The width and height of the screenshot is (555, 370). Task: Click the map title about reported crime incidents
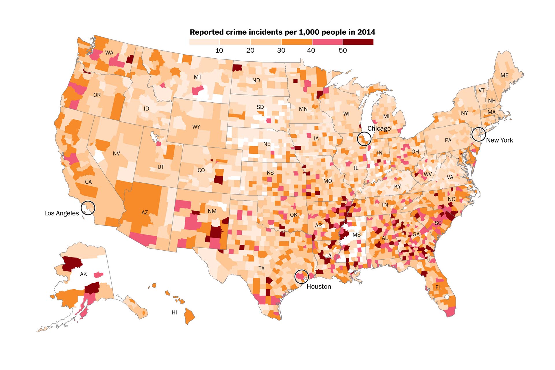point(282,32)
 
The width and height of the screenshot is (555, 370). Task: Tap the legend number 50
point(343,50)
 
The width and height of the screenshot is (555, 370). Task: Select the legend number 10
point(219,50)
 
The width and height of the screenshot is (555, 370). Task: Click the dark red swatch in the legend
point(358,42)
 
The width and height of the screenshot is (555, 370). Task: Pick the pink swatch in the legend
point(327,42)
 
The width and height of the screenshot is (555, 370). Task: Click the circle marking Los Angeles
point(88,208)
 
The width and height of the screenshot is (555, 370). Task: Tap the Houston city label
point(319,286)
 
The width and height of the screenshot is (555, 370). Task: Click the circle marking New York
point(478,134)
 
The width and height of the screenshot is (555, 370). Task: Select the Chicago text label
point(379,128)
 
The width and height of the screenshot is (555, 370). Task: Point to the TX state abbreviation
point(261,268)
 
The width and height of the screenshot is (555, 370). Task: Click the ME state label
point(504,75)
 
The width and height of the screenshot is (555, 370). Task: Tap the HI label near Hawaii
point(174,312)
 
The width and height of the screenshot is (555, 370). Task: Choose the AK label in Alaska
point(83,274)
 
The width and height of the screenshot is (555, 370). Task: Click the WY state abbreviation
point(196,127)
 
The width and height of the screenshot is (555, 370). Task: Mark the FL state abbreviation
point(438,287)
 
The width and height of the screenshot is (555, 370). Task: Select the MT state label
point(197,77)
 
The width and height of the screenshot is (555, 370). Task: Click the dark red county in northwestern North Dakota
point(238,68)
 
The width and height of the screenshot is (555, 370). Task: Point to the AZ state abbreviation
point(145,212)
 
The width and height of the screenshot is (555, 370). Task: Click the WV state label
point(428,174)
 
